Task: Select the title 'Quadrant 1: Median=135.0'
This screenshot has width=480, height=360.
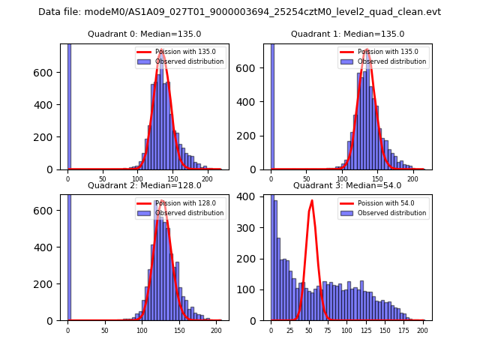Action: coord(347,34)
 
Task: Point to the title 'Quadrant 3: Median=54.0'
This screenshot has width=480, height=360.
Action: coord(347,185)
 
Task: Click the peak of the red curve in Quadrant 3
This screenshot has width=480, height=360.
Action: coord(312,200)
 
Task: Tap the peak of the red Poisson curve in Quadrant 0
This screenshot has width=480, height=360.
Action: coord(161,50)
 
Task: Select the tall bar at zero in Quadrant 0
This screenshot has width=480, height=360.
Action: coord(69,105)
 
